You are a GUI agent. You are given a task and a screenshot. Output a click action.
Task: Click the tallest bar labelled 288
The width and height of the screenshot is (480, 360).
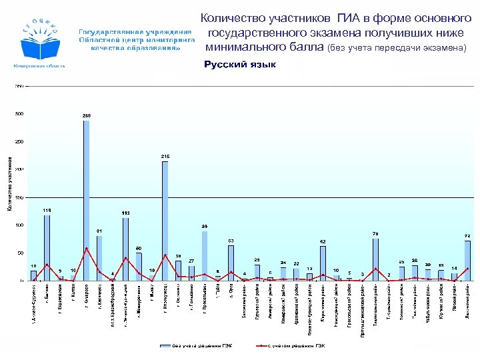pyautogui.click(x=86, y=200)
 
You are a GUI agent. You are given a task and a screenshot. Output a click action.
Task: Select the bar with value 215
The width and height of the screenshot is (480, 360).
pyautogui.click(x=165, y=220)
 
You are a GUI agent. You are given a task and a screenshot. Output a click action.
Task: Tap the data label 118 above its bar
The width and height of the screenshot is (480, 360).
pyautogui.click(x=47, y=210)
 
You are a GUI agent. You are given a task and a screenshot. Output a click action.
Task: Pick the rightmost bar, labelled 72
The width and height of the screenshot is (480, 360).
pyautogui.click(x=467, y=261)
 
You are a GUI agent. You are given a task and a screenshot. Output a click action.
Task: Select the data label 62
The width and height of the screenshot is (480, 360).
pyautogui.click(x=323, y=241)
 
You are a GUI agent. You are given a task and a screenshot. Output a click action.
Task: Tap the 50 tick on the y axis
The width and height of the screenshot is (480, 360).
pyautogui.click(x=21, y=253)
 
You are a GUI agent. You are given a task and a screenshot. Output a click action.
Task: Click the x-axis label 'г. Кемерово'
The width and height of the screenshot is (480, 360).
pyautogui.click(x=87, y=294)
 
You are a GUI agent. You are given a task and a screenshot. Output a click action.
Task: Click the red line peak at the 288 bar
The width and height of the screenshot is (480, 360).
pyautogui.click(x=86, y=249)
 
